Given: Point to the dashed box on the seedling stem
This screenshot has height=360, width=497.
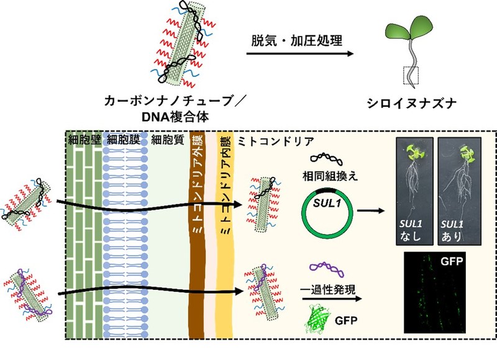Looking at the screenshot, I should tap(411, 76).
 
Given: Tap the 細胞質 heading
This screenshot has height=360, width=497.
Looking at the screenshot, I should tap(166, 140).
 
